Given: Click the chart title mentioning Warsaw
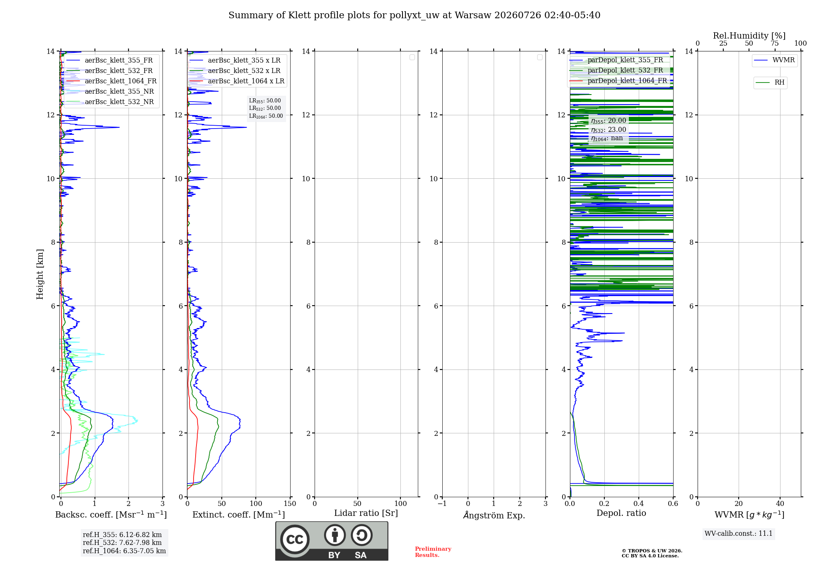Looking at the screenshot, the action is [414, 15].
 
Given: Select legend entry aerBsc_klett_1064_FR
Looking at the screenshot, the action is [112, 81].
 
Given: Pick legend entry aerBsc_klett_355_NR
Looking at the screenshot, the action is [110, 92].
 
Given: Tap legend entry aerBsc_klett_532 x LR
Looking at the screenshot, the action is [235, 71].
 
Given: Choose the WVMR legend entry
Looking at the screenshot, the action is [774, 60].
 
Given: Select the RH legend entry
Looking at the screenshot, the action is [770, 83].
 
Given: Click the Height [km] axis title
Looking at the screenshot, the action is [40, 274].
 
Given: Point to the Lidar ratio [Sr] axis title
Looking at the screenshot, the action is [366, 513].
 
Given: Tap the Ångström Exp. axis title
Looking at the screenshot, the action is [494, 515].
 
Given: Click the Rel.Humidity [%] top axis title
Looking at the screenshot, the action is [749, 36].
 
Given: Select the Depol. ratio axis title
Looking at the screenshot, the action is [621, 513].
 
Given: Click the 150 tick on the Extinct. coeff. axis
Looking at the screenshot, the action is [290, 504].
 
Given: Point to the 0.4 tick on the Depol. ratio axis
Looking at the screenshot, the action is [639, 504].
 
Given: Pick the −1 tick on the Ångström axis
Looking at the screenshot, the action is [442, 504].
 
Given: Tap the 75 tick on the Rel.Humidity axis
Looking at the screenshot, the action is [775, 44].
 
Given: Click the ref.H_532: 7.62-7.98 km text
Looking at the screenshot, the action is [122, 543].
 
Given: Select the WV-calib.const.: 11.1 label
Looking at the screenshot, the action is [739, 534].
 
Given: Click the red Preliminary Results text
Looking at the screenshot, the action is [433, 552].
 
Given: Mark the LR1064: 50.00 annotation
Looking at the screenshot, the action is [266, 116].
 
